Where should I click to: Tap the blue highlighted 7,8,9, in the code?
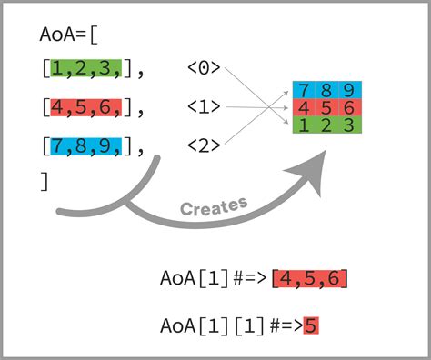click(x=85, y=145)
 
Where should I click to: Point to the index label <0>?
click(x=204, y=67)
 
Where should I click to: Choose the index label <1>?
click(x=204, y=107)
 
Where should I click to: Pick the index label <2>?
click(x=204, y=145)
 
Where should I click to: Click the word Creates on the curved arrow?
click(x=214, y=206)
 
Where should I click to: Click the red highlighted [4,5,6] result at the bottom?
click(x=309, y=279)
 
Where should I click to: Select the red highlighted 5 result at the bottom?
click(x=311, y=325)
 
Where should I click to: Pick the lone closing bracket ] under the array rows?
click(x=45, y=181)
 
